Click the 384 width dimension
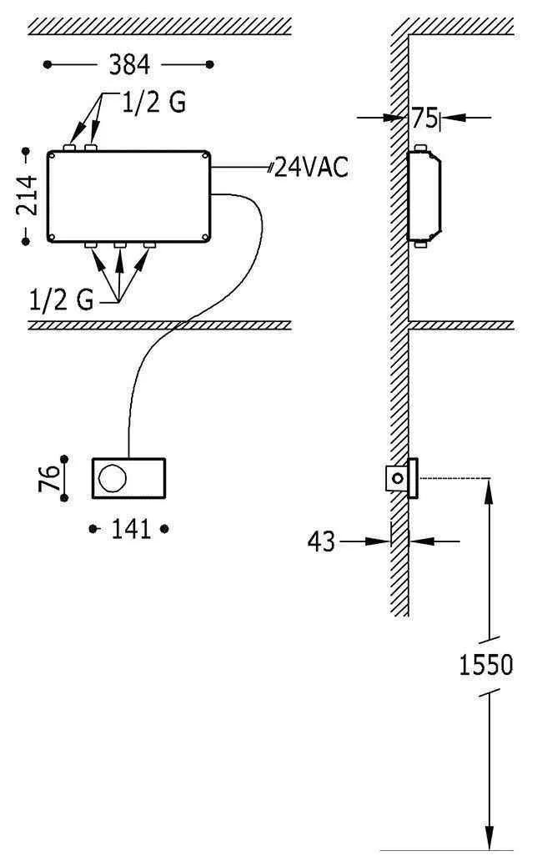[128, 63]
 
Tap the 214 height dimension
[28, 196]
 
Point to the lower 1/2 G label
[62, 300]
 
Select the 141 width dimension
[129, 529]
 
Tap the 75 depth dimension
[423, 118]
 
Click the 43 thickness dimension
[322, 542]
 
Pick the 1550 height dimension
[486, 665]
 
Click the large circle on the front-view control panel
[112, 478]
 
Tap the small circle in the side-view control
[399, 479]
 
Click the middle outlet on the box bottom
[120, 246]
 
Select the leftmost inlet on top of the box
[70, 149]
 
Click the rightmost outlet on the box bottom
[150, 246]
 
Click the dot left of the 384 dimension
[48, 63]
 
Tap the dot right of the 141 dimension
[165, 529]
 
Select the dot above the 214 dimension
[26, 152]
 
